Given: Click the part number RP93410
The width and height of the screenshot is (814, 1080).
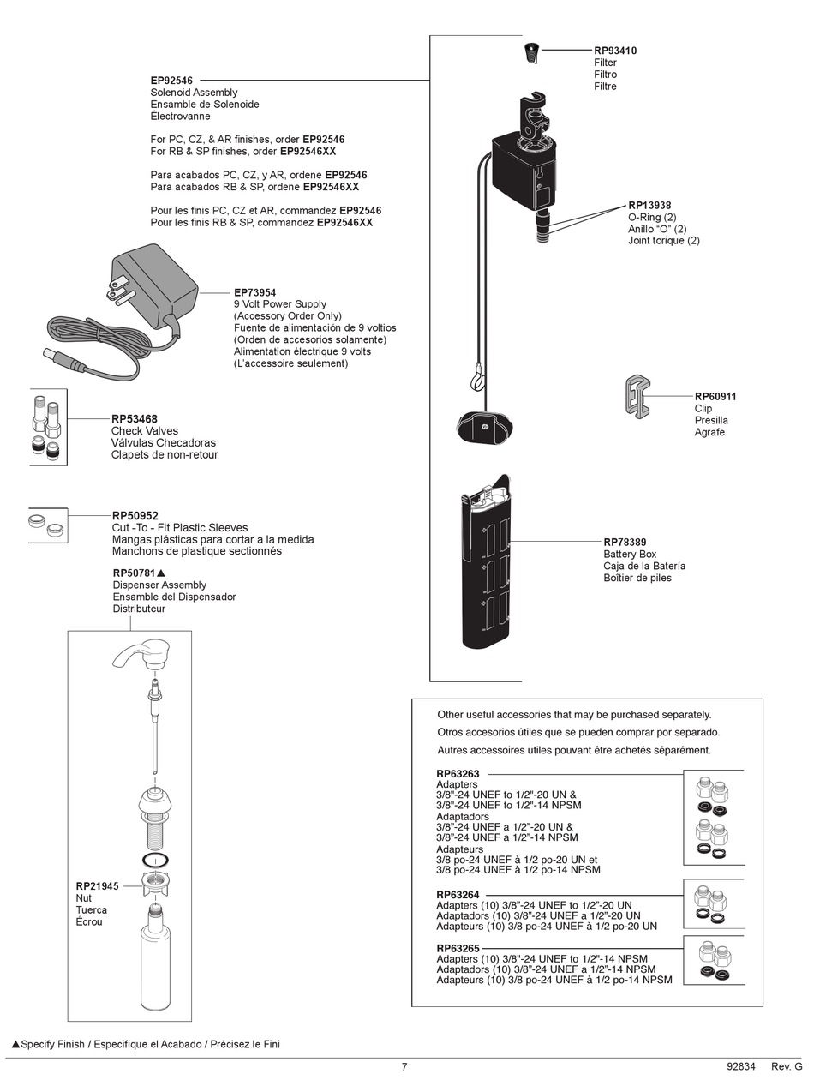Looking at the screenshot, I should pos(615,51).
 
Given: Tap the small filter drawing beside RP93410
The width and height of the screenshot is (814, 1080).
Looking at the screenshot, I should pos(531,53).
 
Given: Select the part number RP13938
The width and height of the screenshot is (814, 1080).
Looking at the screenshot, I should pos(649,206).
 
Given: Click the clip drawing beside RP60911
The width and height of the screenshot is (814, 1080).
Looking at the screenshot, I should pos(636,397).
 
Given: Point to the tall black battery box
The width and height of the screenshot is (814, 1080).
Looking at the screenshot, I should pos(486,566).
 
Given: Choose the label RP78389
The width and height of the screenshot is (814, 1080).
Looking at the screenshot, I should pos(625,543).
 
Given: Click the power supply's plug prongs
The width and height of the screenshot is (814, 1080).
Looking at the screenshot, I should pos(117,291).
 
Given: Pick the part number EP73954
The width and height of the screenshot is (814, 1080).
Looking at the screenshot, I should pos(254,292).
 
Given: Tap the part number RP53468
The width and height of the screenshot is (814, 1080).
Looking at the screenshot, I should pos(135,419).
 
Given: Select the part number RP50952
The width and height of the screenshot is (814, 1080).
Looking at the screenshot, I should pos(135,516).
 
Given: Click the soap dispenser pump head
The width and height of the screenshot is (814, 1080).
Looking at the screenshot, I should pos(142,654).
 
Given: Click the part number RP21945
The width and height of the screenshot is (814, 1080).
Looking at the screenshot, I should pos(97,886).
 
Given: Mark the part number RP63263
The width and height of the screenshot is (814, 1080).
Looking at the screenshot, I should pos(458,774).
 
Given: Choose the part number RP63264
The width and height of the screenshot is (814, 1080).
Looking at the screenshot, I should pos(458,895).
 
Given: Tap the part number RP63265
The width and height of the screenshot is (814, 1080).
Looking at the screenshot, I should pos(458,948).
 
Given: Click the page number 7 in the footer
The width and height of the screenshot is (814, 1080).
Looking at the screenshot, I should pos(404,1067).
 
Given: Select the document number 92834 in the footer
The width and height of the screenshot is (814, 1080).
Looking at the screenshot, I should pos(740,1067).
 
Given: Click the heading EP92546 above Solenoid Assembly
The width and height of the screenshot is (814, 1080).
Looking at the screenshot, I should pos(171,81).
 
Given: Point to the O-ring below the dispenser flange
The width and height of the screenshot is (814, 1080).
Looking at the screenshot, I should pos(155,860).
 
